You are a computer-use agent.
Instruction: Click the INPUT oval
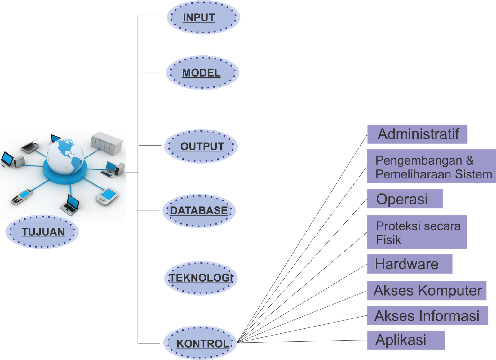tap(203, 17)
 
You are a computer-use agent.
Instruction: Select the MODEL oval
tap(202, 73)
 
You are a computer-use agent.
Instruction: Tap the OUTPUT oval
tap(201, 146)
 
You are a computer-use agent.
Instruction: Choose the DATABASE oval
tap(199, 211)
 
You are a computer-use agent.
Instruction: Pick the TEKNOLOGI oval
tap(201, 278)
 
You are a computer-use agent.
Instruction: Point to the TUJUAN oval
tap(42, 232)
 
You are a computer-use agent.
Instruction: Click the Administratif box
tap(417, 134)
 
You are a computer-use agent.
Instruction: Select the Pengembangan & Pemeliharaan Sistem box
tap(431, 167)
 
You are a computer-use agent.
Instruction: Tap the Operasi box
tap(405, 199)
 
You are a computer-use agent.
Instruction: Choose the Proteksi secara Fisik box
tap(417, 232)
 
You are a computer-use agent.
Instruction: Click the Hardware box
tap(409, 264)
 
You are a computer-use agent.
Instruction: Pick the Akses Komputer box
tap(427, 291)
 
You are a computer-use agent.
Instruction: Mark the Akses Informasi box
tap(427, 316)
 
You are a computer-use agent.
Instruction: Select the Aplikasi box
tap(406, 340)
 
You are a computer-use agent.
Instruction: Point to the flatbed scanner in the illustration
tap(30, 147)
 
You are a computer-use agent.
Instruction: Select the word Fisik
tap(388, 240)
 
